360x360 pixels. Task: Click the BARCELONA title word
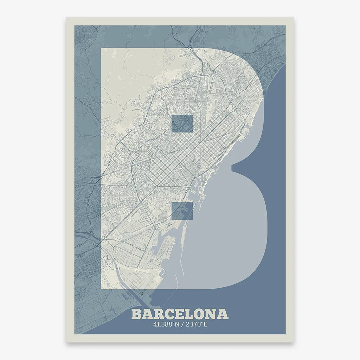coord(180,314)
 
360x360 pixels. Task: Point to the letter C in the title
coord(169,314)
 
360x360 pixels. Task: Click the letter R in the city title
coord(159,314)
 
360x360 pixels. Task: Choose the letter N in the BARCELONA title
coord(212,314)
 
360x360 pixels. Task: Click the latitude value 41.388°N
coord(165,324)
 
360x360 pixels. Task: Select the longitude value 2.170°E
coord(196,324)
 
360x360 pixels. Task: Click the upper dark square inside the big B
coord(182,123)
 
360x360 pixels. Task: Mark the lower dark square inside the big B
coord(182,211)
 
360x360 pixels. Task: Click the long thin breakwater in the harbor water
coord(182,262)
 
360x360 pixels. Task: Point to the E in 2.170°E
coord(205,324)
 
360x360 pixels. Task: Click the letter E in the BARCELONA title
coord(180,314)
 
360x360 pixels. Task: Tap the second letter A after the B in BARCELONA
coord(147,314)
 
